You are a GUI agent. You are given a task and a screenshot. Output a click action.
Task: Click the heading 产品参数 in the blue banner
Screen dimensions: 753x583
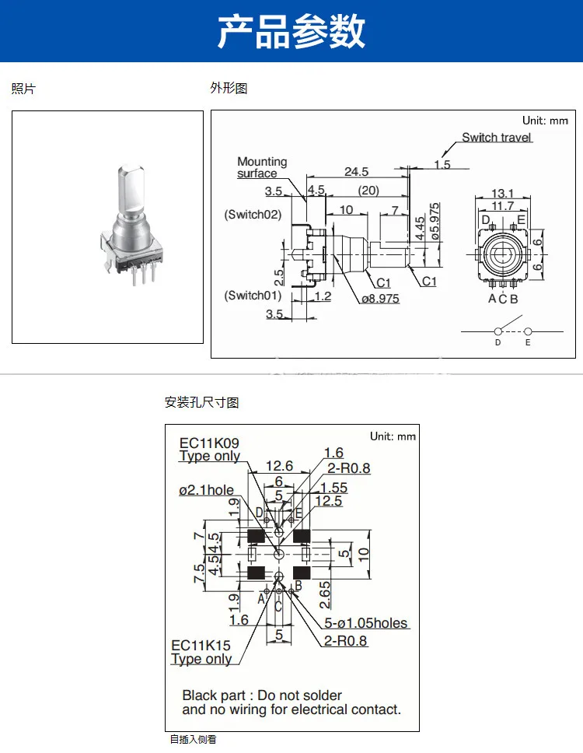(x=291, y=31)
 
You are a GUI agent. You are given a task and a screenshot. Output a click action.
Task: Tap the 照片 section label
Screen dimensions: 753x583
(x=23, y=89)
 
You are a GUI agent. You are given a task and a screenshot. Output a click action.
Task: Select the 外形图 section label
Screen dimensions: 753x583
(x=229, y=89)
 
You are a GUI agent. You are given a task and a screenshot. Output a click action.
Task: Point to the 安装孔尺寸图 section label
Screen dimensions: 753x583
(x=201, y=402)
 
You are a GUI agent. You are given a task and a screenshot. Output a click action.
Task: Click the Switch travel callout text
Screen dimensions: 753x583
(x=497, y=138)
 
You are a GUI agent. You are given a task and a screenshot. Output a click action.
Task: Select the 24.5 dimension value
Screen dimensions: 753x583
(x=356, y=171)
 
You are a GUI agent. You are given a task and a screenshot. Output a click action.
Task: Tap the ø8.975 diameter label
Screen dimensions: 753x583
(x=379, y=298)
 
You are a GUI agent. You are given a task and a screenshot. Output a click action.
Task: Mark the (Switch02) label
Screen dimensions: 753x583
(x=253, y=214)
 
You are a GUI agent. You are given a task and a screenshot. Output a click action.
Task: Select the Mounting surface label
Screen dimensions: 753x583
(x=262, y=167)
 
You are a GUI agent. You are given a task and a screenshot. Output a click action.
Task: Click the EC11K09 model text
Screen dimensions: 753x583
(x=209, y=443)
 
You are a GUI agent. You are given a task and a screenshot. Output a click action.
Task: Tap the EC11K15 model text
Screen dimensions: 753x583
(x=201, y=646)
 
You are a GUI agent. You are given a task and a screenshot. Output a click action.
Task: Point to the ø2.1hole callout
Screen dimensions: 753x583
(x=206, y=490)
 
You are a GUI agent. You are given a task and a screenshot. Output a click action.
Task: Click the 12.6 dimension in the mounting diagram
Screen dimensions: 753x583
(x=279, y=466)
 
